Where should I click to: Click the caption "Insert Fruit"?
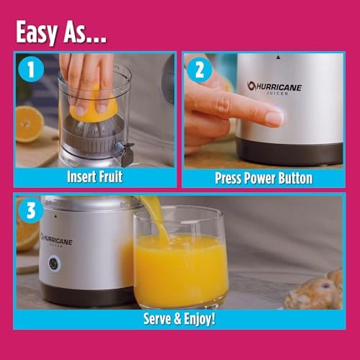94,176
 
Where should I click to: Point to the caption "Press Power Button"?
263,177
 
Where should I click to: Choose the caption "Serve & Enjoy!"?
180,318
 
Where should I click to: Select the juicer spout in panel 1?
128,150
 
